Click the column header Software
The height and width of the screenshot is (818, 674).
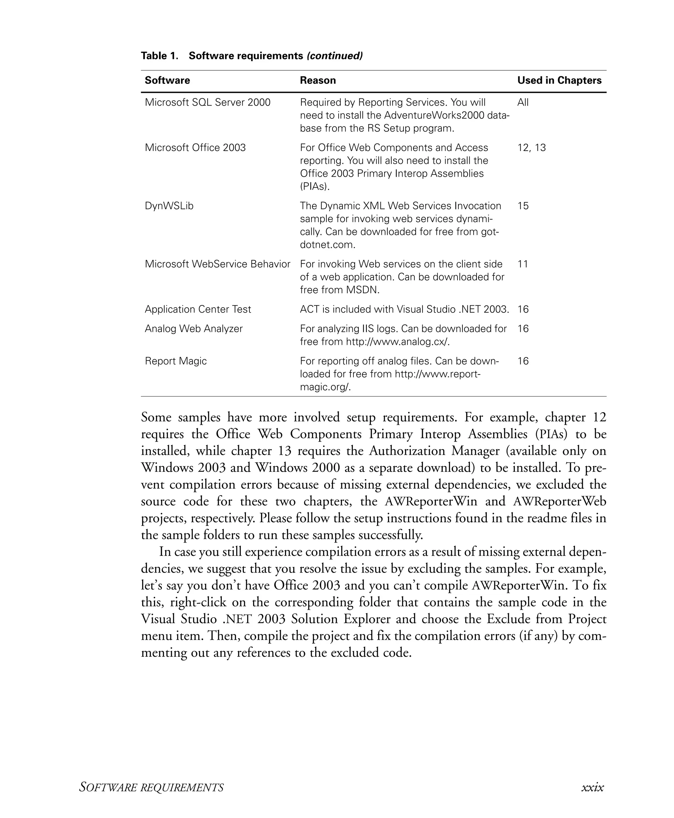(167, 80)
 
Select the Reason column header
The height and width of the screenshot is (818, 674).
(318, 80)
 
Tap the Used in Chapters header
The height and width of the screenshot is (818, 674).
(559, 80)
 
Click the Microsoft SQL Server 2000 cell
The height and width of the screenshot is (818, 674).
(207, 102)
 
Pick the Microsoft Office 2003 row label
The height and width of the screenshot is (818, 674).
(195, 148)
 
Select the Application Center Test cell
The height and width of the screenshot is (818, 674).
(197, 309)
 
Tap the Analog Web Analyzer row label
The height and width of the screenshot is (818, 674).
(194, 329)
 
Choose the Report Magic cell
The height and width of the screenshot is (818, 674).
(175, 361)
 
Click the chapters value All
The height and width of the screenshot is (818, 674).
(523, 102)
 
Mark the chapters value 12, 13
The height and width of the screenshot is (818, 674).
(531, 148)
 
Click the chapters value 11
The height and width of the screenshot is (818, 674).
(523, 264)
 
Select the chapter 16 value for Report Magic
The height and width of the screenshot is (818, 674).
(523, 361)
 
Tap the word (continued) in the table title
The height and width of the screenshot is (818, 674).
(334, 56)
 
